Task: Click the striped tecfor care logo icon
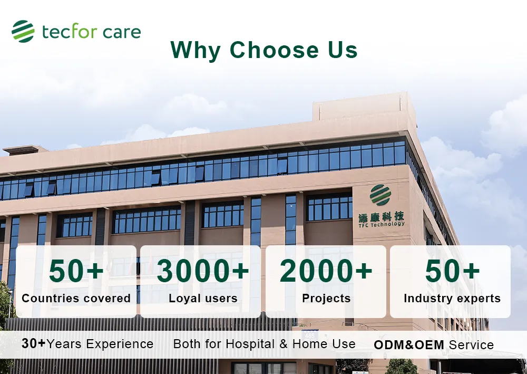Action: (23, 31)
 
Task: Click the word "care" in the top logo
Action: (122, 32)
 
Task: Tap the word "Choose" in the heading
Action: (274, 50)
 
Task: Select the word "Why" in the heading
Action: (196, 51)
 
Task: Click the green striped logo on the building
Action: (380, 195)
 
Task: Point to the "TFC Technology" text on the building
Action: (382, 224)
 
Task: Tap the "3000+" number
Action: (203, 271)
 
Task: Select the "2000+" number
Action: (326, 271)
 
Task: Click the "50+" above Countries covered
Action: (76, 271)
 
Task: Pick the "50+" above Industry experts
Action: (452, 271)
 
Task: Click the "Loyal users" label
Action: (203, 299)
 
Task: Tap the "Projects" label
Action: (326, 299)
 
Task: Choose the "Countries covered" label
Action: (76, 299)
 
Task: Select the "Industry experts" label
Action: (452, 299)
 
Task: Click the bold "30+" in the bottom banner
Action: (34, 343)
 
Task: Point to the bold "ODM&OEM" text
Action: (409, 345)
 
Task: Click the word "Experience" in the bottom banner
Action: (120, 344)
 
